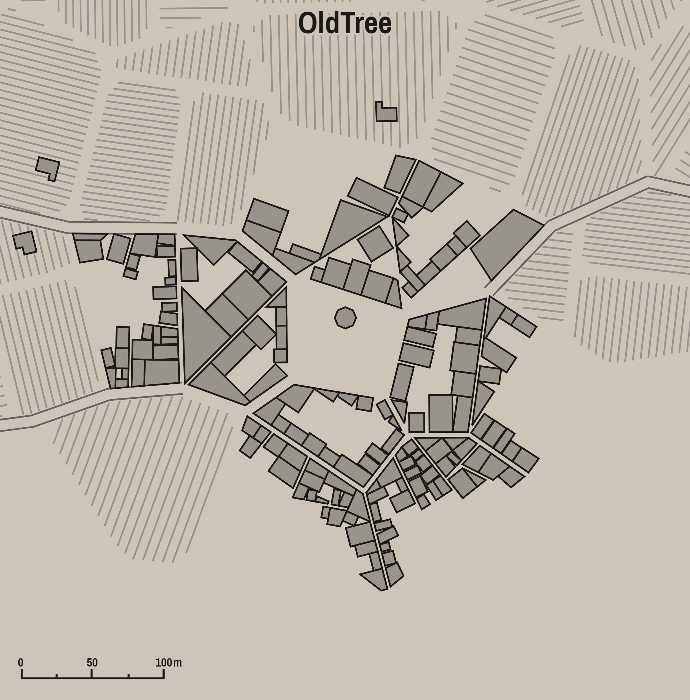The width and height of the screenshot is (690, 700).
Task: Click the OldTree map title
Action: [x=345, y=24]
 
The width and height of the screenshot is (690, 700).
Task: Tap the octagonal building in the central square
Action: [x=345, y=318]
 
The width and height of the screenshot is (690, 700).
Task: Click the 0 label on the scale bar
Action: [x=21, y=663]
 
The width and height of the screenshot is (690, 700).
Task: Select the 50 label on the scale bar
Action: [x=92, y=663]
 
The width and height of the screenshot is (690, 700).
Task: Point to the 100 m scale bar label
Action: [x=168, y=663]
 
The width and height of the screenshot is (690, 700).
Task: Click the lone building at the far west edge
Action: [x=25, y=242]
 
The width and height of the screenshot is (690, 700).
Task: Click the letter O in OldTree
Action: [x=306, y=24]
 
